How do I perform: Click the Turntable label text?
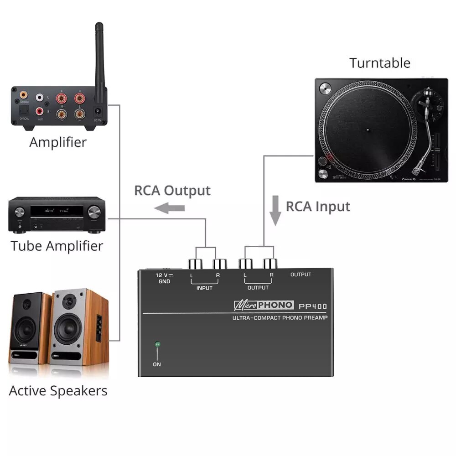point(380,63)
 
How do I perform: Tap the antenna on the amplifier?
point(100,59)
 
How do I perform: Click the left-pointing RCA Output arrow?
point(169,208)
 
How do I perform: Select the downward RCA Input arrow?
point(275,210)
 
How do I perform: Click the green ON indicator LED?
point(157,345)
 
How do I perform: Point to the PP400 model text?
point(313,306)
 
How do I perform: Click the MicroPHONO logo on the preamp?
point(263,305)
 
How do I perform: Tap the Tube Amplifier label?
point(57,246)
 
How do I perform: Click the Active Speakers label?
point(58,391)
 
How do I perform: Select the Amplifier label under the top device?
point(58,142)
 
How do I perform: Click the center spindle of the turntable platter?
point(368,130)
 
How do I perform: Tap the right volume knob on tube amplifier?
point(94,212)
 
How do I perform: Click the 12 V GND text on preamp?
point(164,278)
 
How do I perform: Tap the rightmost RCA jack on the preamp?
point(269,264)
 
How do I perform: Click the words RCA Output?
point(172,191)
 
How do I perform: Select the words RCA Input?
point(318,207)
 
